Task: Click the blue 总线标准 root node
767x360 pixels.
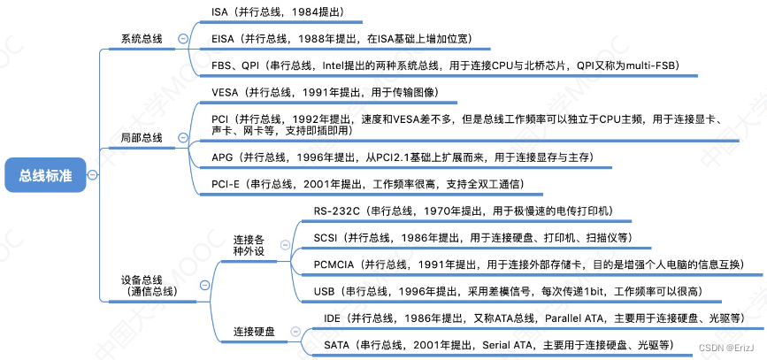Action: tap(45, 175)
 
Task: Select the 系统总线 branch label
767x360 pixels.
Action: tap(142, 39)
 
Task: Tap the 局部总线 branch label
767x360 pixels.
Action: tap(142, 139)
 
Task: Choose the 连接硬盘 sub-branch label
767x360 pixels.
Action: tap(254, 332)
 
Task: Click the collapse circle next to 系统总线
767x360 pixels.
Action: tap(181, 39)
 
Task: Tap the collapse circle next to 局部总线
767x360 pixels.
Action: tap(181, 139)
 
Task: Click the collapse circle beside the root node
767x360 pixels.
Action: tap(93, 175)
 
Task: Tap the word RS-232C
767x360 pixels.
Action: tap(336, 211)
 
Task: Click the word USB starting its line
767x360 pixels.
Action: tap(325, 291)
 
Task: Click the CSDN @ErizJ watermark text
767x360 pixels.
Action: tap(726, 349)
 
